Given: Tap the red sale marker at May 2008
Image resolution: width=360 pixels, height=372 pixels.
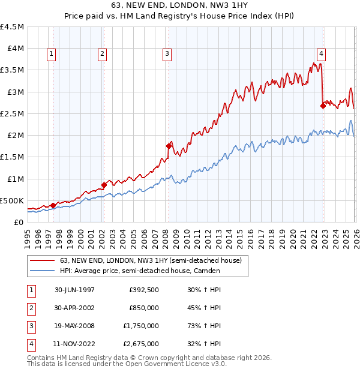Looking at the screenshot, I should click(169, 145).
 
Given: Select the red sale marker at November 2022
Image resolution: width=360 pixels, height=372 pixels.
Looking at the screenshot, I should click(323, 106).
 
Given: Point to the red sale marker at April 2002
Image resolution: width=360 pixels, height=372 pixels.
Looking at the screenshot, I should click(104, 185).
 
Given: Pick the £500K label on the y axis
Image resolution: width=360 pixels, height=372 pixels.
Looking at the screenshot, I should click(12, 200).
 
